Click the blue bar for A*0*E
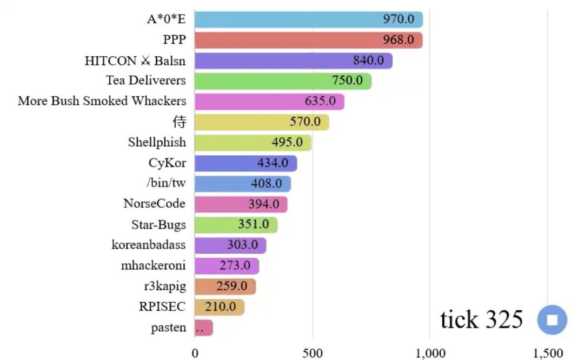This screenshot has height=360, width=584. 308,19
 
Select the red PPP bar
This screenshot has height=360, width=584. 308,40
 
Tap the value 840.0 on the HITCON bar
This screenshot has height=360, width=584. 368,61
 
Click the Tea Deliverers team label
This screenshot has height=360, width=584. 145,81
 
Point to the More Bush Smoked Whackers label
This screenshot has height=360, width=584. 102,101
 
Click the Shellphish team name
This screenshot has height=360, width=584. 157,142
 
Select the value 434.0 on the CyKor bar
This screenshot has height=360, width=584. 273,163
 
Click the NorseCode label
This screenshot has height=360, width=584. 154,204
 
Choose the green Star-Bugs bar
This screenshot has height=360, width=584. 236,224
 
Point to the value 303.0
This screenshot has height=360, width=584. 242,245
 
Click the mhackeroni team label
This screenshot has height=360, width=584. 153,265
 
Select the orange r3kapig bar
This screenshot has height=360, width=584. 225,286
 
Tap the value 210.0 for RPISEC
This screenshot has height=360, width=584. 221,307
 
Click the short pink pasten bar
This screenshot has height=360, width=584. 204,328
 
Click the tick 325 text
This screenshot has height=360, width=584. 481,319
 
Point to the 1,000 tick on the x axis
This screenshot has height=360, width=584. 430,354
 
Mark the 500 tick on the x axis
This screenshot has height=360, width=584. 313,354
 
